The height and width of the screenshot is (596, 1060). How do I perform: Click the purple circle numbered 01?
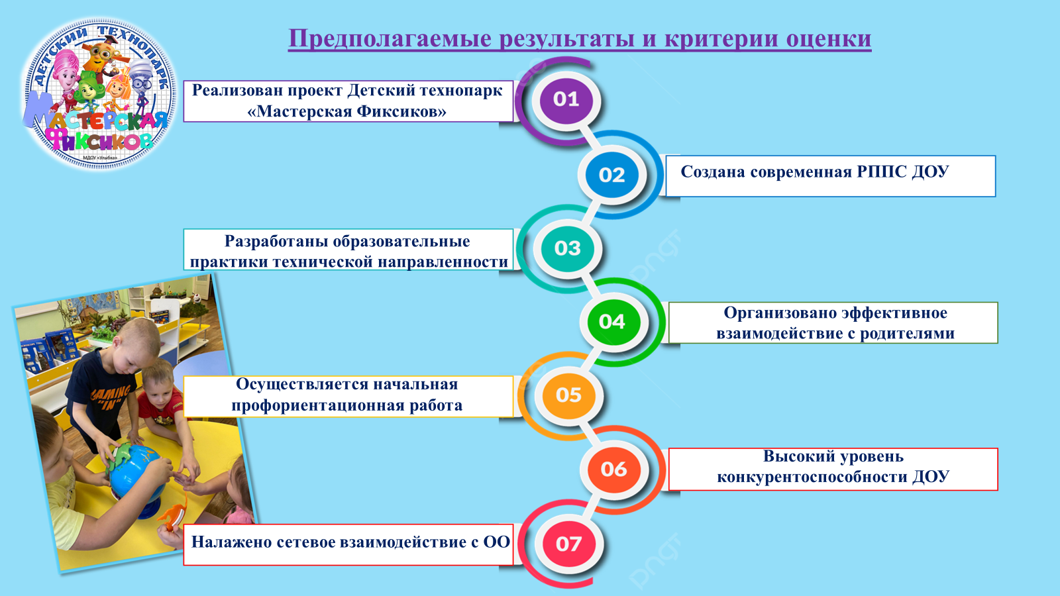coord(566,99)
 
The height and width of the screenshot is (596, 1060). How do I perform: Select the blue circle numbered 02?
coord(612,175)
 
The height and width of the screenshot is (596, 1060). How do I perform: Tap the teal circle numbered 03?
coord(567,248)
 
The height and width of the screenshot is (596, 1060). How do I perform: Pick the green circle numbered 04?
coord(612,322)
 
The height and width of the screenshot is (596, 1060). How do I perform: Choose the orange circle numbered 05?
coord(568,395)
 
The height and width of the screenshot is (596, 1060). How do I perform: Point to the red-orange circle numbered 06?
coord(613,469)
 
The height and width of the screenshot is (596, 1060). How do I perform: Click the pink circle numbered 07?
coord(568,544)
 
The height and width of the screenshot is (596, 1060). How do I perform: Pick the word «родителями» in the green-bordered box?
coord(907,334)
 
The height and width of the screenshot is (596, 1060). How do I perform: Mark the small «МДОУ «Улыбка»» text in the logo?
coord(100,158)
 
